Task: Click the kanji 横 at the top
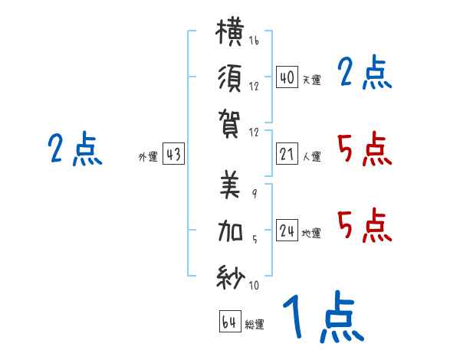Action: (x=230, y=32)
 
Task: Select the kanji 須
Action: (x=230, y=78)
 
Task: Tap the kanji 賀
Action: (x=229, y=123)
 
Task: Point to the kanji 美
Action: (x=230, y=185)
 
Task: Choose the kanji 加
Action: (x=230, y=231)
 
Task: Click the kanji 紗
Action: (x=231, y=277)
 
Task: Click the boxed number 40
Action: (x=287, y=77)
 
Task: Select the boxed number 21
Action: (x=287, y=154)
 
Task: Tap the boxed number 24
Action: (x=287, y=230)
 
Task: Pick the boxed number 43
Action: (x=173, y=154)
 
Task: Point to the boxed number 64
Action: (x=230, y=322)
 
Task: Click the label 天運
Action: (x=312, y=80)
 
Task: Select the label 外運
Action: (x=148, y=156)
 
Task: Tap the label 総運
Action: (x=255, y=324)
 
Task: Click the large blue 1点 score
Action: (x=324, y=317)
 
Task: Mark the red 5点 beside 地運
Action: (x=365, y=225)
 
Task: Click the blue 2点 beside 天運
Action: (x=365, y=72)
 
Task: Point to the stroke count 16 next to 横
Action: (x=254, y=40)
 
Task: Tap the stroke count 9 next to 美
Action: (x=255, y=194)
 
